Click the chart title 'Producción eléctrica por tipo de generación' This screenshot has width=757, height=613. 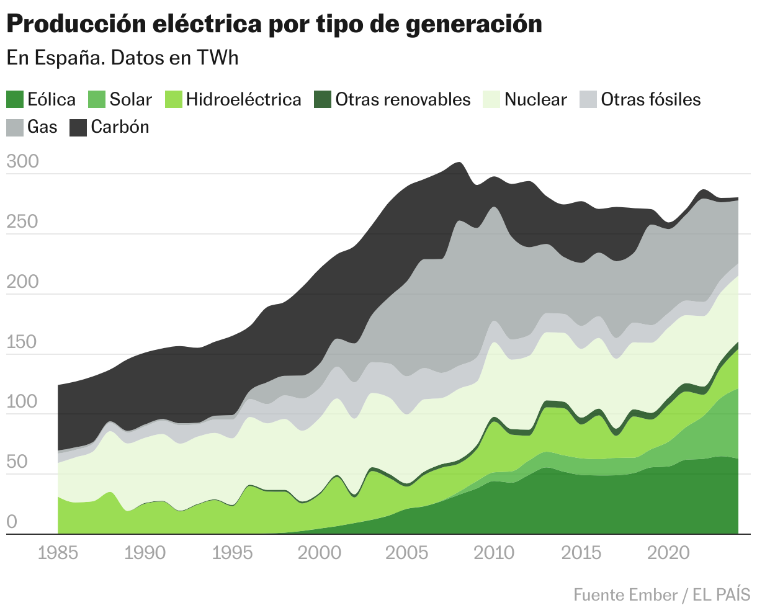click(274, 24)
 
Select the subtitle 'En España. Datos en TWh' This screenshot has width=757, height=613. click(122, 58)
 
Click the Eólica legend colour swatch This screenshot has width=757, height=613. click(15, 99)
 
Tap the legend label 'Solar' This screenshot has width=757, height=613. click(130, 99)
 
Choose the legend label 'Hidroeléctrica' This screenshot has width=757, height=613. click(243, 99)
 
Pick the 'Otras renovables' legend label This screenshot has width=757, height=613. click(403, 99)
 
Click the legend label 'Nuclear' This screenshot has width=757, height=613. click(535, 99)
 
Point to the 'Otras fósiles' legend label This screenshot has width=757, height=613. click(651, 99)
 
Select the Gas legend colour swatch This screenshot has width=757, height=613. click(15, 127)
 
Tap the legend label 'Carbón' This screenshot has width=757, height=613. click(120, 127)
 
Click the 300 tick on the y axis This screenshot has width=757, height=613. click(22, 162)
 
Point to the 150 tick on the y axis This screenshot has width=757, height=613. click(22, 342)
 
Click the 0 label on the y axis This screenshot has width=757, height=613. click(12, 522)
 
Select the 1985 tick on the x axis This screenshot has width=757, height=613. click(58, 552)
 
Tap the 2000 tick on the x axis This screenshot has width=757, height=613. click(320, 552)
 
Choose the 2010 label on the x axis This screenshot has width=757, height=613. click(495, 552)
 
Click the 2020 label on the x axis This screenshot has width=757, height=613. click(669, 552)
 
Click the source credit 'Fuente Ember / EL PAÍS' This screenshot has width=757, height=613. click(661, 594)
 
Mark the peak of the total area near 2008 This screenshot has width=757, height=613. click(458, 163)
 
